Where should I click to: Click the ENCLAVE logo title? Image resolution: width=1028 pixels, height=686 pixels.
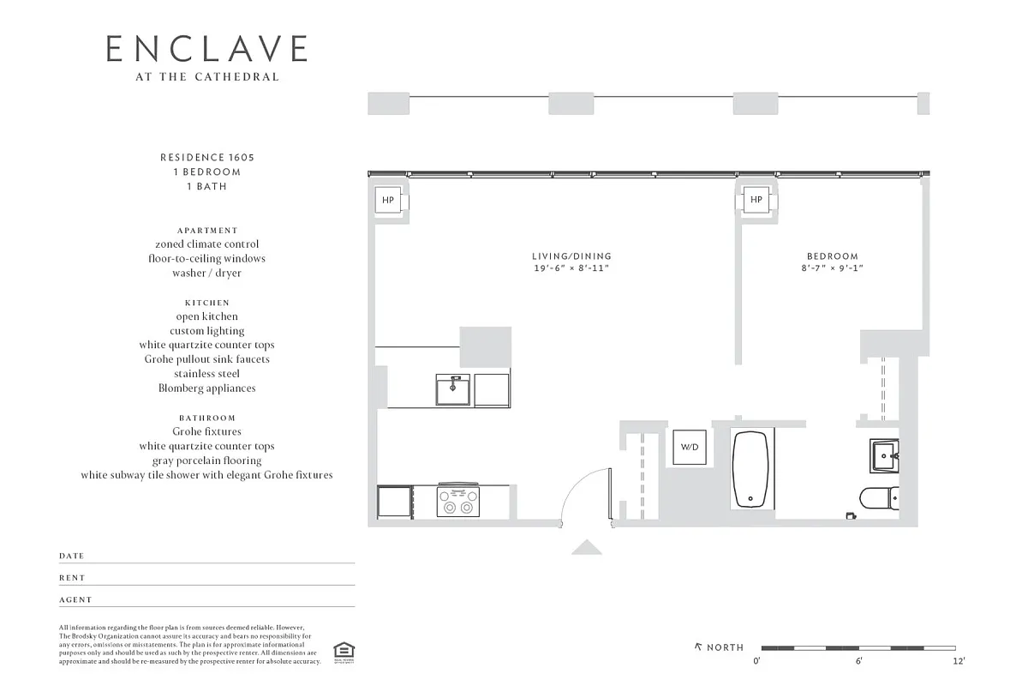click(206, 49)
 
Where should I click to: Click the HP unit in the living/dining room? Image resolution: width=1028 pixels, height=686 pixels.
click(388, 201)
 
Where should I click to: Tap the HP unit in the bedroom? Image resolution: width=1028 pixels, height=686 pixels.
click(756, 201)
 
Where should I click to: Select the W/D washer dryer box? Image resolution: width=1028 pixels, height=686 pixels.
click(689, 447)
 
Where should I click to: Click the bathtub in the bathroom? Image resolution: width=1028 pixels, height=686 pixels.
click(750, 469)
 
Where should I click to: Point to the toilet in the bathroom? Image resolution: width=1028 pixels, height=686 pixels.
click(878, 497)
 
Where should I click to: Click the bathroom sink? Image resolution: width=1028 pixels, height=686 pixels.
click(882, 455)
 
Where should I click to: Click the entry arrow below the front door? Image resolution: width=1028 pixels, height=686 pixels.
click(587, 547)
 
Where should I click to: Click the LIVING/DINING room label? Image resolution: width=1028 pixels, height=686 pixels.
click(571, 256)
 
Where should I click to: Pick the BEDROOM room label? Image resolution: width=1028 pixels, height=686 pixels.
click(832, 256)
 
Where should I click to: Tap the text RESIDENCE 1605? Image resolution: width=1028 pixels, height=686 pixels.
click(206, 158)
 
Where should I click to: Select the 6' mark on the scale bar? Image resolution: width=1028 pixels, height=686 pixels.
click(858, 660)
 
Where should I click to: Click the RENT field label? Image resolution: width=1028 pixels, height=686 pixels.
click(72, 578)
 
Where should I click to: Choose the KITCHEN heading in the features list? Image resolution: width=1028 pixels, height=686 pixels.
click(206, 303)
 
